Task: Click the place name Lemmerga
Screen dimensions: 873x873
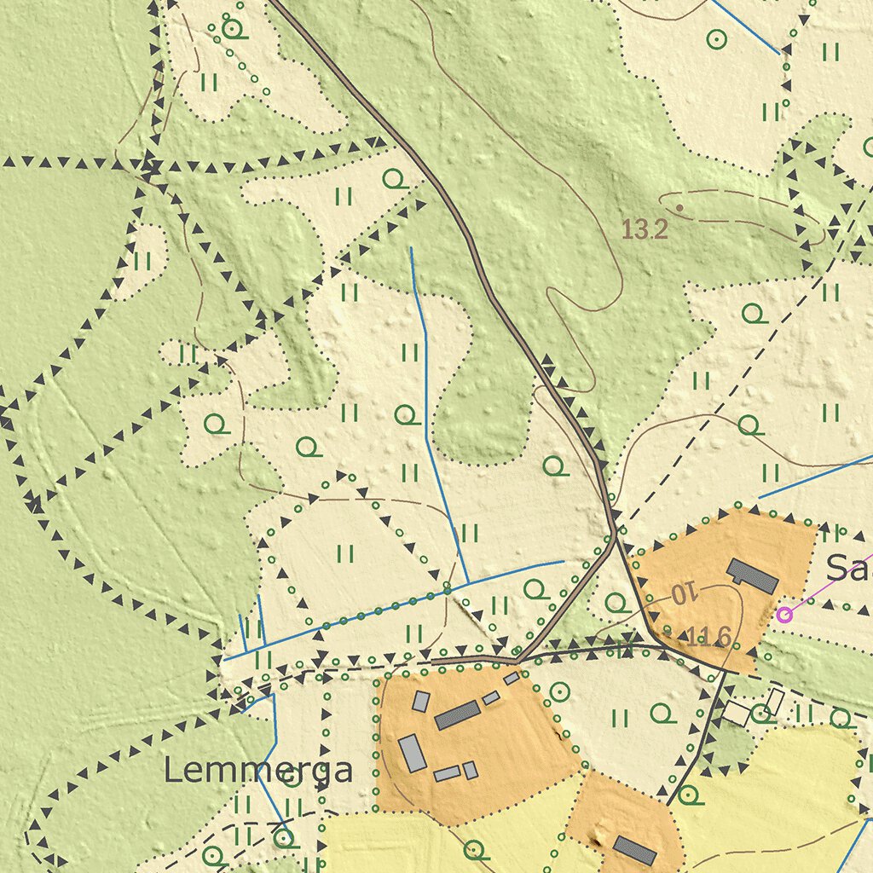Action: (257, 771)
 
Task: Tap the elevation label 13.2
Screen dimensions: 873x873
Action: (644, 228)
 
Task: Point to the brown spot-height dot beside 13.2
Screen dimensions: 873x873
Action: (679, 207)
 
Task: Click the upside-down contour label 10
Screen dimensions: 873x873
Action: (684, 593)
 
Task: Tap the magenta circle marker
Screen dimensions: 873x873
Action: (784, 614)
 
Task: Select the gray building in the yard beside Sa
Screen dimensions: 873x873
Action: (752, 576)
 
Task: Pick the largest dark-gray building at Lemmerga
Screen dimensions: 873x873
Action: (457, 715)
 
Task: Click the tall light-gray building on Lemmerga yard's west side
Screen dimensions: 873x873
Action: (412, 753)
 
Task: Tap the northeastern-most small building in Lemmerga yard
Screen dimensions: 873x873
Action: (512, 679)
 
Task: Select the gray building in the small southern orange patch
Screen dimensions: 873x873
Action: (634, 850)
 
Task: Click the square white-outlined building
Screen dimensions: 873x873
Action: (736, 714)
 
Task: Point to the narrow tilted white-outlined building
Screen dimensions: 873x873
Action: (774, 702)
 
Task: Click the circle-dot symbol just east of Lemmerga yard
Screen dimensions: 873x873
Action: (559, 691)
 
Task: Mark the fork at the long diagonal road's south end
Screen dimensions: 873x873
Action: (614, 534)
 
